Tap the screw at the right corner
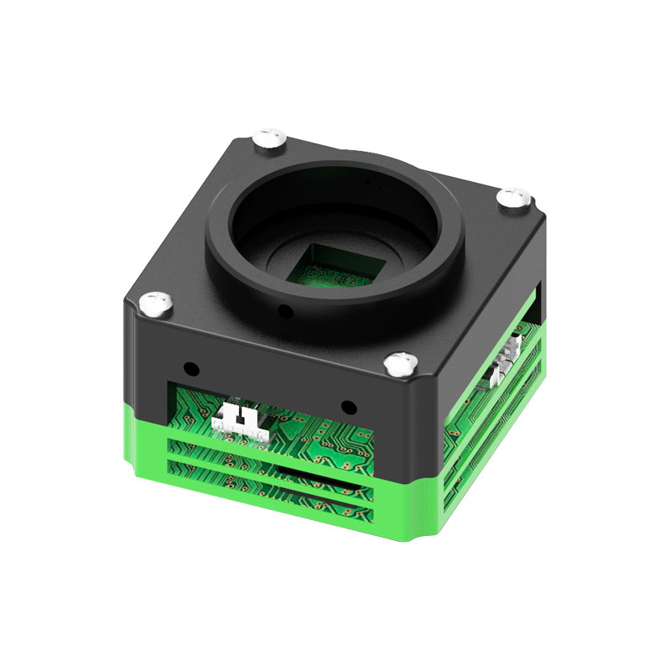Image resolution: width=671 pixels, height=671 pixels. [513, 199]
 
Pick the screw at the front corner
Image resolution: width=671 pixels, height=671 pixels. [401, 363]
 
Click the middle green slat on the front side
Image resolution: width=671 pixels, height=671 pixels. [277, 471]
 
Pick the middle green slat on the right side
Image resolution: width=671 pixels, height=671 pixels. [495, 419]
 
